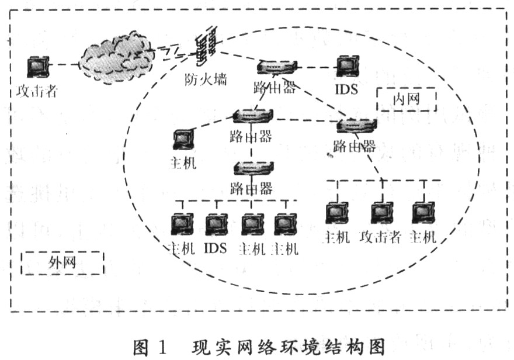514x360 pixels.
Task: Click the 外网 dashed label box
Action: point(62,262)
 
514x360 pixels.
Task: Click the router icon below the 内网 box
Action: point(355,125)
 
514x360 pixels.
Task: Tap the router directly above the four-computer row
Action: point(252,169)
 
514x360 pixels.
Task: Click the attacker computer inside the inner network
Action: point(381,212)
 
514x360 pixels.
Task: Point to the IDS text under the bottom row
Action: point(215,248)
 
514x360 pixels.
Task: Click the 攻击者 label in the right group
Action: point(380,237)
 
